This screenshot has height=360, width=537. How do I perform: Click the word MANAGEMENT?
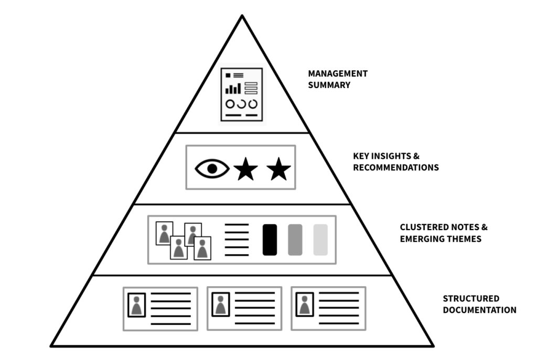coord(338,73)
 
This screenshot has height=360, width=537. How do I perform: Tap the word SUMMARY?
coord(329,85)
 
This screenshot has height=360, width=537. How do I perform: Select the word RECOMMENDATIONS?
coord(396,167)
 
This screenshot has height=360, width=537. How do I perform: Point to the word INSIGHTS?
coord(391,156)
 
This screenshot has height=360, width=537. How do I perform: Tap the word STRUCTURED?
coord(471,298)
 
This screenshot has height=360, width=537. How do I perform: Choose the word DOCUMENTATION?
coord(479,310)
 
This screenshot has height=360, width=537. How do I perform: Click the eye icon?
coord(212,168)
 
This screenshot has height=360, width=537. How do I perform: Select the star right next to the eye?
coord(245,169)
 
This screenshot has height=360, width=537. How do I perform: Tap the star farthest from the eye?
coord(278,169)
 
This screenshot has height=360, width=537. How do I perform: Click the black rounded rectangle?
coord(270,240)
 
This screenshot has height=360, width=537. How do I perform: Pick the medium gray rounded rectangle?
coord(295,240)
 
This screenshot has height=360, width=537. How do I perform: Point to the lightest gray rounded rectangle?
coord(320,240)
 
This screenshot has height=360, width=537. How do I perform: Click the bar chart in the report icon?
coord(233,89)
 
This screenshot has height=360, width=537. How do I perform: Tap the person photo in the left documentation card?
coord(137,305)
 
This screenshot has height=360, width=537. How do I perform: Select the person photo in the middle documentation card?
coord(221,304)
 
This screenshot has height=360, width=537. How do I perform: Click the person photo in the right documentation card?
coord(305,304)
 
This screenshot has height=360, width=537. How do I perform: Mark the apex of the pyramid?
coord(242,15)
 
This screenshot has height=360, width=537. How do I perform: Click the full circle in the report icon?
coord(230,104)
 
